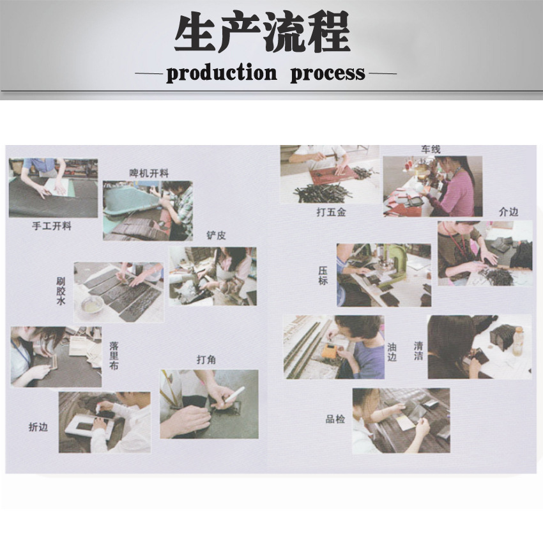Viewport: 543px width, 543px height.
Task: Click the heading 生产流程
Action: click(262, 32)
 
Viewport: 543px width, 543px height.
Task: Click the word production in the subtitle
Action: click(222, 73)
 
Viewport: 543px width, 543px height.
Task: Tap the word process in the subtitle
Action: click(328, 74)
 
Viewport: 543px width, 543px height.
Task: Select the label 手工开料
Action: click(52, 226)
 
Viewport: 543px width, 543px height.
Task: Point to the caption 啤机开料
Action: click(149, 173)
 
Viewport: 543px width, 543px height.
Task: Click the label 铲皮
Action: click(216, 236)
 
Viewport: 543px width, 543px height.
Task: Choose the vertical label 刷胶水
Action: click(61, 291)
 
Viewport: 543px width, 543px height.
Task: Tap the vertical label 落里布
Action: click(114, 356)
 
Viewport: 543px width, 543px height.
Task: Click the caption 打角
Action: click(206, 360)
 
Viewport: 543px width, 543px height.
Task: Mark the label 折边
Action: click(38, 427)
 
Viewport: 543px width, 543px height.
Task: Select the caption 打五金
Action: click(331, 212)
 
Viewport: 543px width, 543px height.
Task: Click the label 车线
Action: click(431, 149)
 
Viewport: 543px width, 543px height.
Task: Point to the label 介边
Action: click(509, 212)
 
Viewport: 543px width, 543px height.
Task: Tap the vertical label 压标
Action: click(323, 276)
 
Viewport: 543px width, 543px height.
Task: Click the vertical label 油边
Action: click(392, 352)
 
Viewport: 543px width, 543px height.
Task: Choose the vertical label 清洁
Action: click(418, 351)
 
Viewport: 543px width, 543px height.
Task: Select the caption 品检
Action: click(335, 419)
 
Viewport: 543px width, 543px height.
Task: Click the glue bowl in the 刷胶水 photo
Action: click(91, 306)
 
